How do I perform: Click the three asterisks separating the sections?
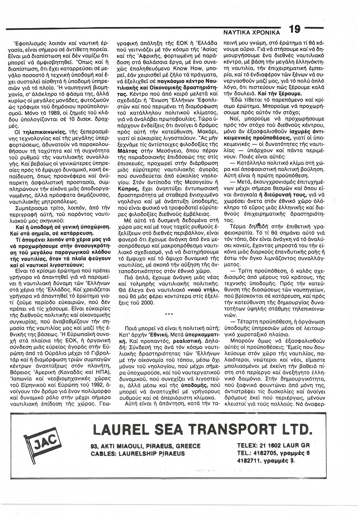pos(168,315)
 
